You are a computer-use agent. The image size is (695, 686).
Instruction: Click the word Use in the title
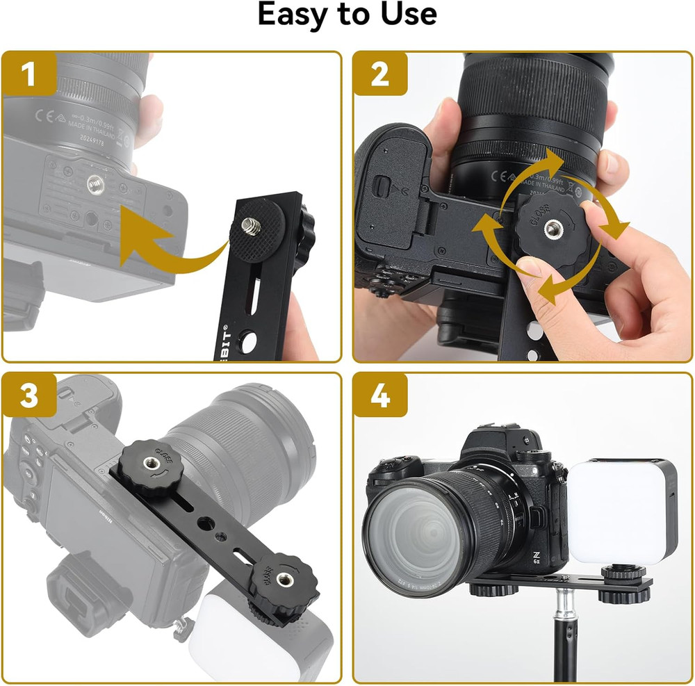point(405,15)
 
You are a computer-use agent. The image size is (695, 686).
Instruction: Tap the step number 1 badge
point(29,75)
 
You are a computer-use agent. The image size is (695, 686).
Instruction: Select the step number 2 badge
point(380,75)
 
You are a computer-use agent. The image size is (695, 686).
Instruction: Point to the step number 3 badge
point(29,396)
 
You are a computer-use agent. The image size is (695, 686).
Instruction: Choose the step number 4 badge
point(380,396)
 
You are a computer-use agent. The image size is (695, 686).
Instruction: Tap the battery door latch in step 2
point(381,185)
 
